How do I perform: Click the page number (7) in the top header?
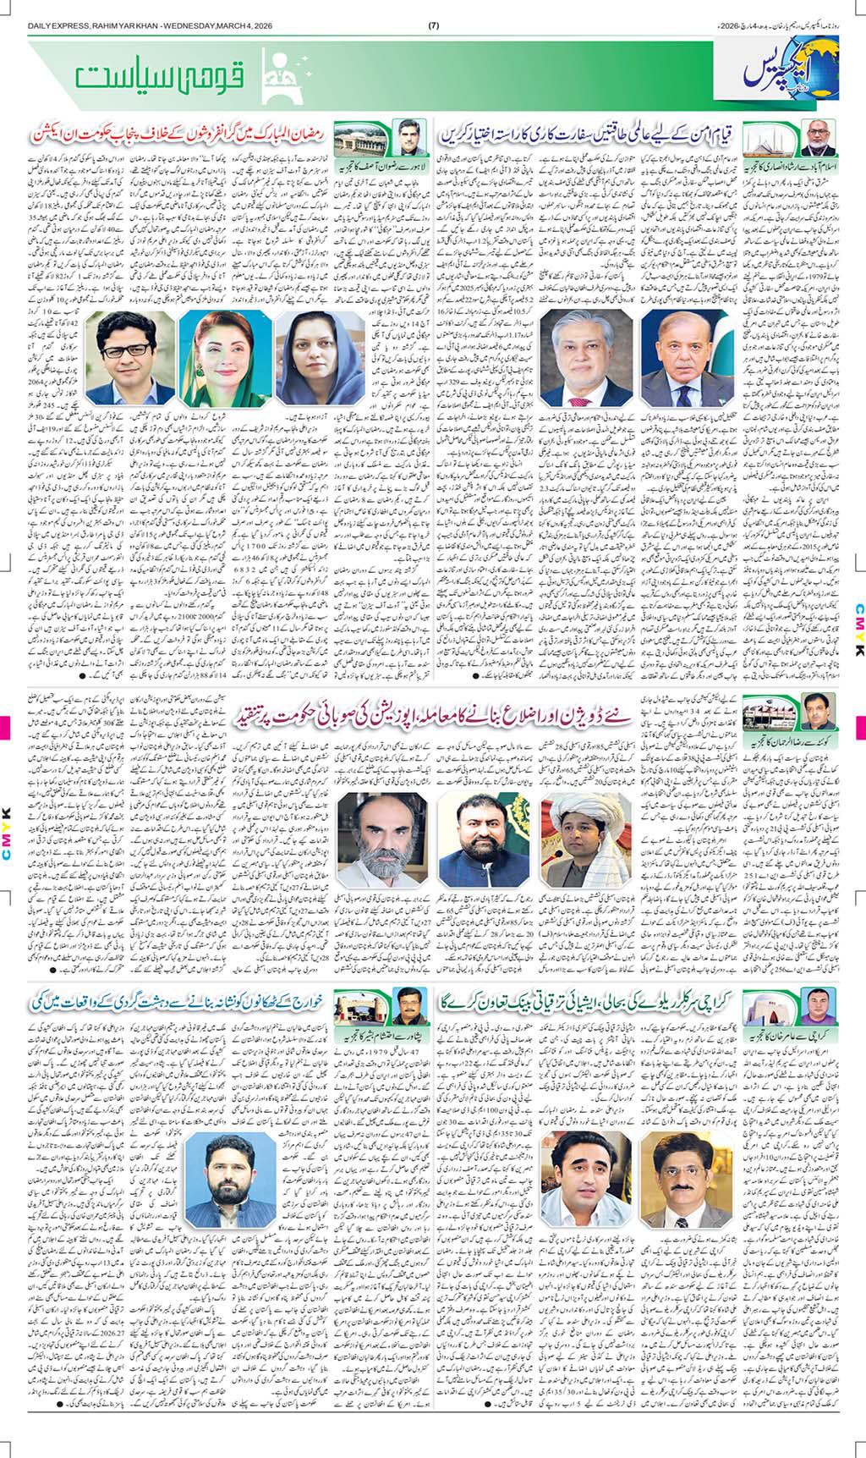434,23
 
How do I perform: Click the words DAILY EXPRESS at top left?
52,23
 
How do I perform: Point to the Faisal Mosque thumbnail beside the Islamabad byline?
770,135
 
